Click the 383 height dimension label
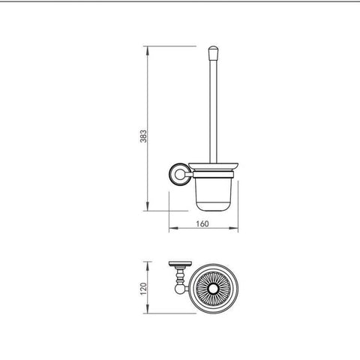[143, 136]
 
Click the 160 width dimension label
[202, 223]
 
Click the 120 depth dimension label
[143, 289]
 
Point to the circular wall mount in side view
[178, 175]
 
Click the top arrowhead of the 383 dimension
[148, 51]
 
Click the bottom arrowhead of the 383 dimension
[148, 206]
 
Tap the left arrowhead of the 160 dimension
[174, 228]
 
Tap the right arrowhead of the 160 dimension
[233, 228]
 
